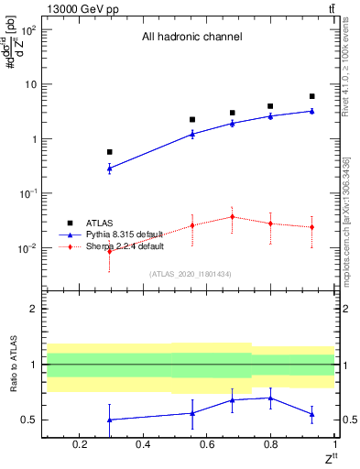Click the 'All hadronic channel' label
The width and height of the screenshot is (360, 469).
(x=191, y=38)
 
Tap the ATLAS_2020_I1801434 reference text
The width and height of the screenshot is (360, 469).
(x=191, y=273)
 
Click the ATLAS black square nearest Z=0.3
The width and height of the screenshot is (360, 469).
(x=109, y=152)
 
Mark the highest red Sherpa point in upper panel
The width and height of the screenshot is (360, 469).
(x=232, y=217)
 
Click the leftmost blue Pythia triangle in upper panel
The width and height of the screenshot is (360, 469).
(x=109, y=169)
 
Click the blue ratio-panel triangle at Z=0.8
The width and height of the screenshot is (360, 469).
(x=270, y=398)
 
